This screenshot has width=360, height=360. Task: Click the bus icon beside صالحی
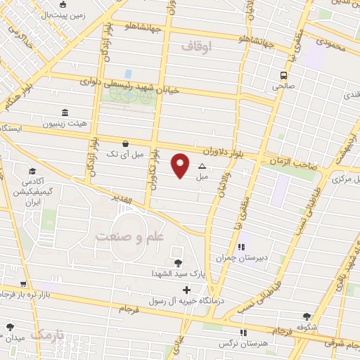pos(284,75)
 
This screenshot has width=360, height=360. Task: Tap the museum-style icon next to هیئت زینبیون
pos(65,112)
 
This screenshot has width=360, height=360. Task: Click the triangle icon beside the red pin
pos(202,167)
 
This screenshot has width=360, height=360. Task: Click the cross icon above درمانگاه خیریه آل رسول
pos(186,290)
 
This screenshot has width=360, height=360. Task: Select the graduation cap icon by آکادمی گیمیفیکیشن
pos(32,171)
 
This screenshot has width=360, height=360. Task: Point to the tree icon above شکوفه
pos(307,316)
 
